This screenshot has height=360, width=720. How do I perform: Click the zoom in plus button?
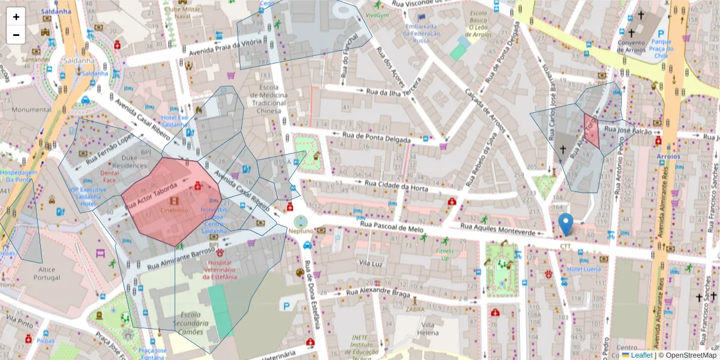16,17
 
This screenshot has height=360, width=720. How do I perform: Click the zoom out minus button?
16,35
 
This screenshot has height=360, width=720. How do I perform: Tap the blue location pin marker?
565,224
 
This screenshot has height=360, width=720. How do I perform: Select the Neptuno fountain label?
301,230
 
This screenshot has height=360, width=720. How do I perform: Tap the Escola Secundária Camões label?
190,323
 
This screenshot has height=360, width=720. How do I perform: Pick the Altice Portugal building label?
46,274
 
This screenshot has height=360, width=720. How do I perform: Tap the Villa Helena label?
428,328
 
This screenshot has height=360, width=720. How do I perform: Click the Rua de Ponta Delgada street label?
377,137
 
